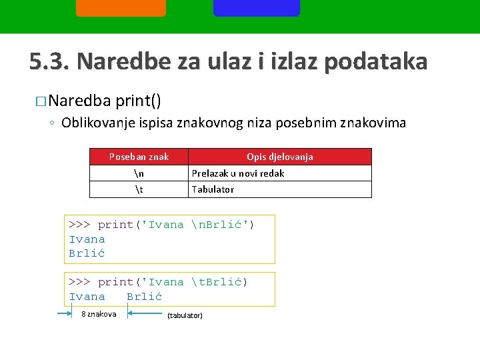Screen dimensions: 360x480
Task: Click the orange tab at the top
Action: coord(121,7)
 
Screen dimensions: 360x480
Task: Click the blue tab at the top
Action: coord(257,7)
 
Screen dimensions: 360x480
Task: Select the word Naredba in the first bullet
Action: coord(79,101)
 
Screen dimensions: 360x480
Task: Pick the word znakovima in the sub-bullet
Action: coord(373,123)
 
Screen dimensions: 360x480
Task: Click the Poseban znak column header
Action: coord(139,157)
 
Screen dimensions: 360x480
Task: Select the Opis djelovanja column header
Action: coord(279,157)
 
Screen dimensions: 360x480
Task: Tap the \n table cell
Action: coord(139,173)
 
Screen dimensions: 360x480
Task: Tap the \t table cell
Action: coord(139,189)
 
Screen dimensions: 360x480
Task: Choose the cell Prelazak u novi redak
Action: coord(238,173)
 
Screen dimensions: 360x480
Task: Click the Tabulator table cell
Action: coord(213,189)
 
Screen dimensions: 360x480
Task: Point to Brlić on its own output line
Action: coord(87,253)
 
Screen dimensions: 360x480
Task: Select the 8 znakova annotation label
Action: coord(99,314)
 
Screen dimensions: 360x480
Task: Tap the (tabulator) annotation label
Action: coord(185,315)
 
